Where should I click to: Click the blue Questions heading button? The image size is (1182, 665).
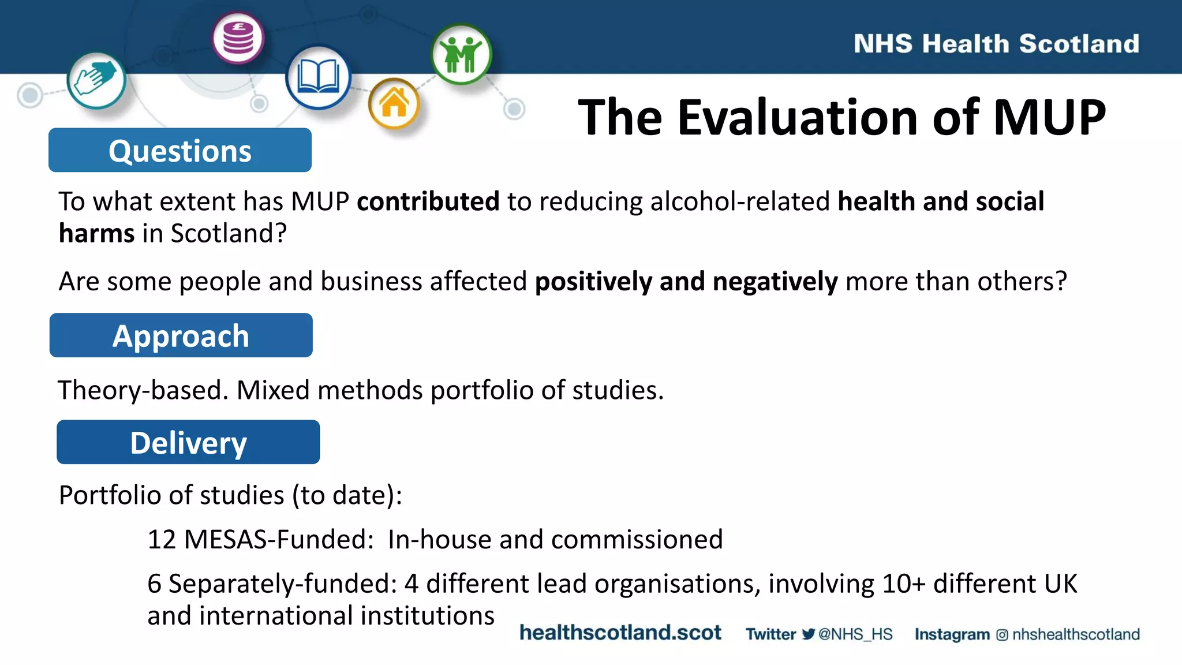click(179, 150)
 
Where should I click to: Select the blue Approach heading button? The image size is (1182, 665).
click(181, 335)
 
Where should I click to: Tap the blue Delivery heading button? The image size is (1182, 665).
click(188, 442)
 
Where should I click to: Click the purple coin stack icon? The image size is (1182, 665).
click(238, 38)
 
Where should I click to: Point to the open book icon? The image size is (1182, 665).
click(318, 77)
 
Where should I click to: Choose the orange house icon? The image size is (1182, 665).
click(394, 104)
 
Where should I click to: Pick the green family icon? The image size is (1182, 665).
click(461, 54)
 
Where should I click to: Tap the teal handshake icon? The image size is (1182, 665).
click(96, 80)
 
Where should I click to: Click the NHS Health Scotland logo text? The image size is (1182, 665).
click(996, 44)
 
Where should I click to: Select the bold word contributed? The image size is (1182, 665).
click(428, 201)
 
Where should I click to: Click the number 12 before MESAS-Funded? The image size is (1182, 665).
click(162, 539)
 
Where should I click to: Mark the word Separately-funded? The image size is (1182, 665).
click(282, 584)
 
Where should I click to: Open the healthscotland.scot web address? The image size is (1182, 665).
click(620, 633)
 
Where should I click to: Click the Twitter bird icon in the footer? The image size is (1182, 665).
click(809, 634)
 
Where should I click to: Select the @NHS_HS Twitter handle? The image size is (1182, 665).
click(855, 634)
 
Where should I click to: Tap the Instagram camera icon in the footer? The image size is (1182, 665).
click(1002, 635)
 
